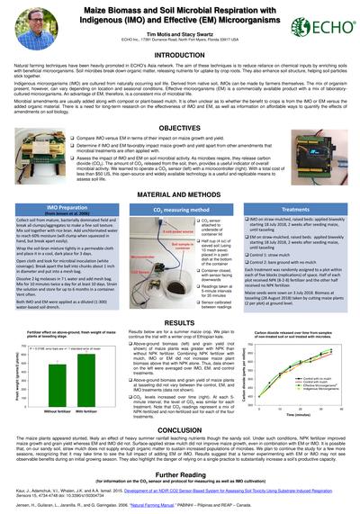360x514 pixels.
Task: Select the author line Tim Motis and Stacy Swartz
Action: (179, 31)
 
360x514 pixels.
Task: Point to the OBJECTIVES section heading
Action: (180, 129)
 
